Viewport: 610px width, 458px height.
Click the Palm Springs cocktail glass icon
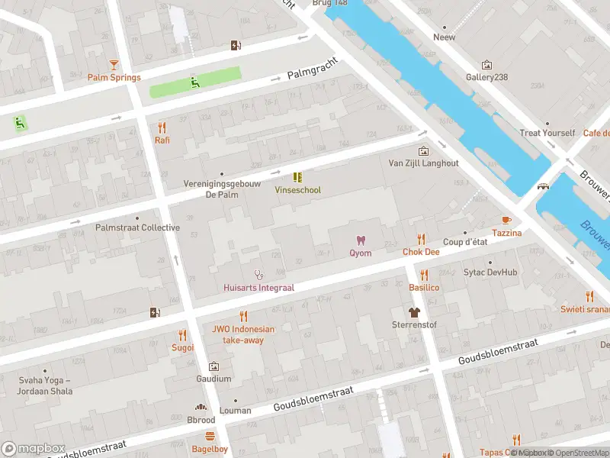point(114,65)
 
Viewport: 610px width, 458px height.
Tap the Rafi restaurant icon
point(162,127)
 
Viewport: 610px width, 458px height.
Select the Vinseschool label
point(298,190)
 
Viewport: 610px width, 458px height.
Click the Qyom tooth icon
point(361,240)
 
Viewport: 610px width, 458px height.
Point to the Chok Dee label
point(421,252)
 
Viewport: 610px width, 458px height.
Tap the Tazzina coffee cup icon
point(506,220)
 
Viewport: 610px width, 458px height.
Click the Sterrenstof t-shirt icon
point(414,312)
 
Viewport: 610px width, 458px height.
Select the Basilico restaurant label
point(424,288)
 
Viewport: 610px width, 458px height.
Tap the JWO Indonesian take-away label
point(243,335)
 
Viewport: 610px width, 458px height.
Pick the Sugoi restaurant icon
point(182,334)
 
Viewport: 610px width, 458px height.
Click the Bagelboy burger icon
point(210,437)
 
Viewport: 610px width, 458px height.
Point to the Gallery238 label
point(486,77)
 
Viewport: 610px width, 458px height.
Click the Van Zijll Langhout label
point(424,163)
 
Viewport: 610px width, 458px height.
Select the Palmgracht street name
point(312,73)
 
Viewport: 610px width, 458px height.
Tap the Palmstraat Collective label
point(137,227)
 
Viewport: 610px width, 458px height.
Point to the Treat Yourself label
point(547,133)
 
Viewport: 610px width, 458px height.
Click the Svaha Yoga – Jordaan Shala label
point(46,385)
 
